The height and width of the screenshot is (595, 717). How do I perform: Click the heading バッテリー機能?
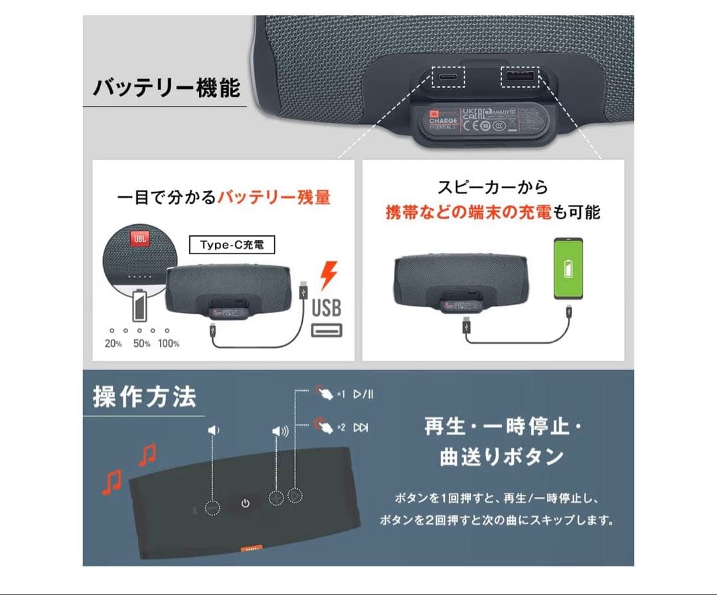pyautogui.click(x=166, y=88)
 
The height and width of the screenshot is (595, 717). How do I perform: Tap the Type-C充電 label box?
pyautogui.click(x=232, y=245)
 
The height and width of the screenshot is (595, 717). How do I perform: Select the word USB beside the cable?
pyautogui.click(x=327, y=308)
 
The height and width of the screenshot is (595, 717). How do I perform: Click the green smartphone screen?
pyautogui.click(x=568, y=267)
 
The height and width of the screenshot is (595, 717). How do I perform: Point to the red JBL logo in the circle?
pyautogui.click(x=139, y=239)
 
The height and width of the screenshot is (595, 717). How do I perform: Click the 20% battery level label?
pyautogui.click(x=113, y=344)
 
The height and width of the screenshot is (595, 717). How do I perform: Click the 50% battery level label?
pyautogui.click(x=141, y=344)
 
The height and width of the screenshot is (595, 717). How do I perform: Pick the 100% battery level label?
pyautogui.click(x=169, y=344)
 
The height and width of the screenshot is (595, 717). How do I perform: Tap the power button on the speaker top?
pyautogui.click(x=245, y=503)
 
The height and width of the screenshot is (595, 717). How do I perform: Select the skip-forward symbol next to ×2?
pyautogui.click(x=360, y=428)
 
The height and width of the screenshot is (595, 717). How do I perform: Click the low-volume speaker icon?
pyautogui.click(x=214, y=430)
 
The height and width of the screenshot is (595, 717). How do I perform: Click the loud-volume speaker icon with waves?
pyautogui.click(x=280, y=431)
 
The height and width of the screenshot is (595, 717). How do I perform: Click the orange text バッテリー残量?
pyautogui.click(x=274, y=198)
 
